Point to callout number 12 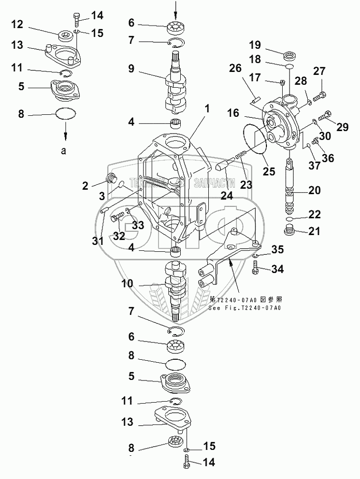[17, 24]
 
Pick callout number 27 [320, 71]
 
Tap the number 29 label [342, 127]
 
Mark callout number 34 [278, 269]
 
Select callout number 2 [86, 186]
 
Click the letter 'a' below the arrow [64, 151]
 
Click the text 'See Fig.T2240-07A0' [244, 308]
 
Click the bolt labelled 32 [118, 215]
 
